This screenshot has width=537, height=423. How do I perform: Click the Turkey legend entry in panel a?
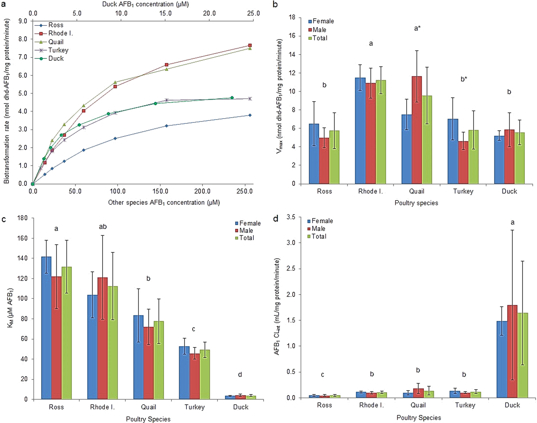pos(58,50)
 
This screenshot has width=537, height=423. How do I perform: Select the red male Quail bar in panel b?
pos(417,130)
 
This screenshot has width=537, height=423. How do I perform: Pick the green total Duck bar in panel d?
pos(522,355)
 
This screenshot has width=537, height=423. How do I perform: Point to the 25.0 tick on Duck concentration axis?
pos(253,13)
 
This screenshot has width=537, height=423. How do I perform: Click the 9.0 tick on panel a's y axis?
pos(23,21)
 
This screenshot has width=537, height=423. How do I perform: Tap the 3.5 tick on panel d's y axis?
pos(290,217)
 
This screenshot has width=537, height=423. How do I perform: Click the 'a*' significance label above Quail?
pos(417,29)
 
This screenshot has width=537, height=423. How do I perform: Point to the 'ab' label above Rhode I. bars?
pos(103,227)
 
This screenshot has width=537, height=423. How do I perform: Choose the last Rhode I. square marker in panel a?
pos(250,46)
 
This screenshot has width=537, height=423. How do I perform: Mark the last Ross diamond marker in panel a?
pos(250,115)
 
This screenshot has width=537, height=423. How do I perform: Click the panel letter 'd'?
pos(276,219)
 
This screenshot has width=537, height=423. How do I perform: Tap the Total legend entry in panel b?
pos(320,38)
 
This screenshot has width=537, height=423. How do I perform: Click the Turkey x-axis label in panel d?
pos(465,405)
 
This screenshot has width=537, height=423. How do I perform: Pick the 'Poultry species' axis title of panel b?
pos(416,203)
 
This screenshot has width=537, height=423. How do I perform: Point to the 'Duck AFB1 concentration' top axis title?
pos(145,4)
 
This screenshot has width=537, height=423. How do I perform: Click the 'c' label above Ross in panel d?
pos(322,375)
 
